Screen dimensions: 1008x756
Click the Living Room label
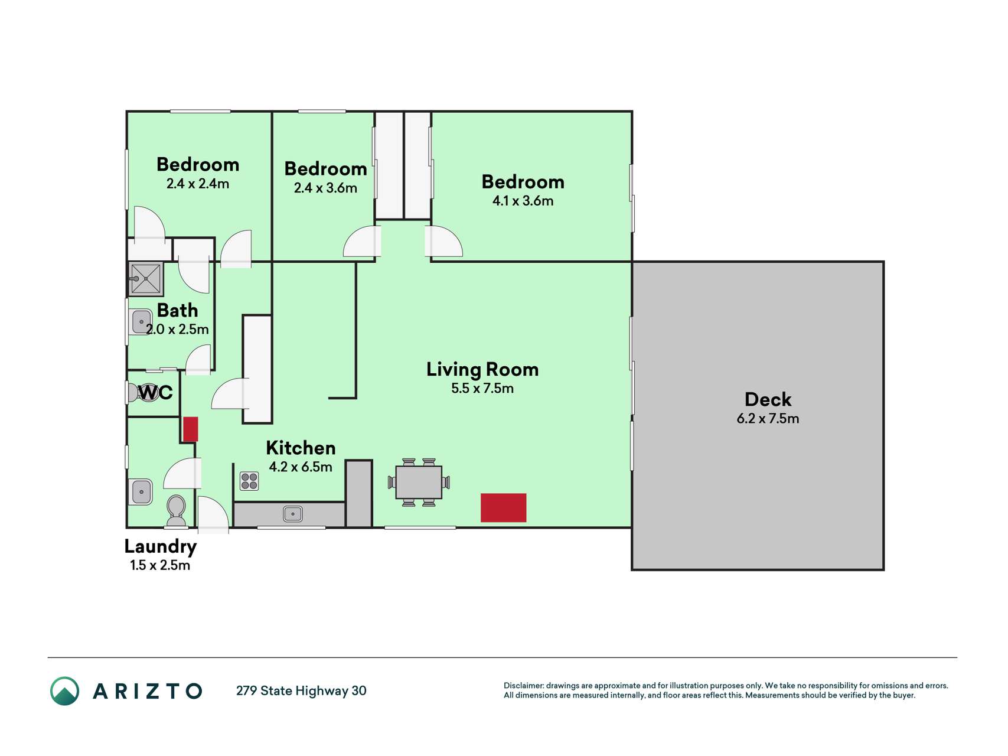point(482,370)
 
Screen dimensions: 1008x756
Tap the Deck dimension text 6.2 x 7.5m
point(768,419)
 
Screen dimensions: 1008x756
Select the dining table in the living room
point(419,482)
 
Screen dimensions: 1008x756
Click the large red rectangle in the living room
point(503,508)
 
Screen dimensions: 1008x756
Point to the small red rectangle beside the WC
point(190,429)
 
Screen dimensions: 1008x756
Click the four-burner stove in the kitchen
point(249,481)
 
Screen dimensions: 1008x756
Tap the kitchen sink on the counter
point(293,514)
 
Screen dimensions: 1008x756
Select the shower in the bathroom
point(145,279)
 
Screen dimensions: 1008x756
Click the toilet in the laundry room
point(176,511)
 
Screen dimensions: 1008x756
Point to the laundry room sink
point(141,491)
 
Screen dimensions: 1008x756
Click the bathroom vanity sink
point(140,322)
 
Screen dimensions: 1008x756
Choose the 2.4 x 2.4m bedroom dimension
point(198,184)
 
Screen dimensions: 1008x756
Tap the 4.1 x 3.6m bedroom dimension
point(523,201)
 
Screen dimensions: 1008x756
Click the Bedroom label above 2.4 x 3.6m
point(326,169)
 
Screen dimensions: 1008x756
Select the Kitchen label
point(301,448)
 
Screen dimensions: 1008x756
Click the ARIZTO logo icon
point(64,691)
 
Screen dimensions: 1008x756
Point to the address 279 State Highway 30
point(301,691)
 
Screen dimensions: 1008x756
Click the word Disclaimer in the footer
point(523,686)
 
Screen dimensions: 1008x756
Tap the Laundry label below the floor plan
point(160,547)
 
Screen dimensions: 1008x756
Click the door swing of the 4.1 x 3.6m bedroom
point(443,242)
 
